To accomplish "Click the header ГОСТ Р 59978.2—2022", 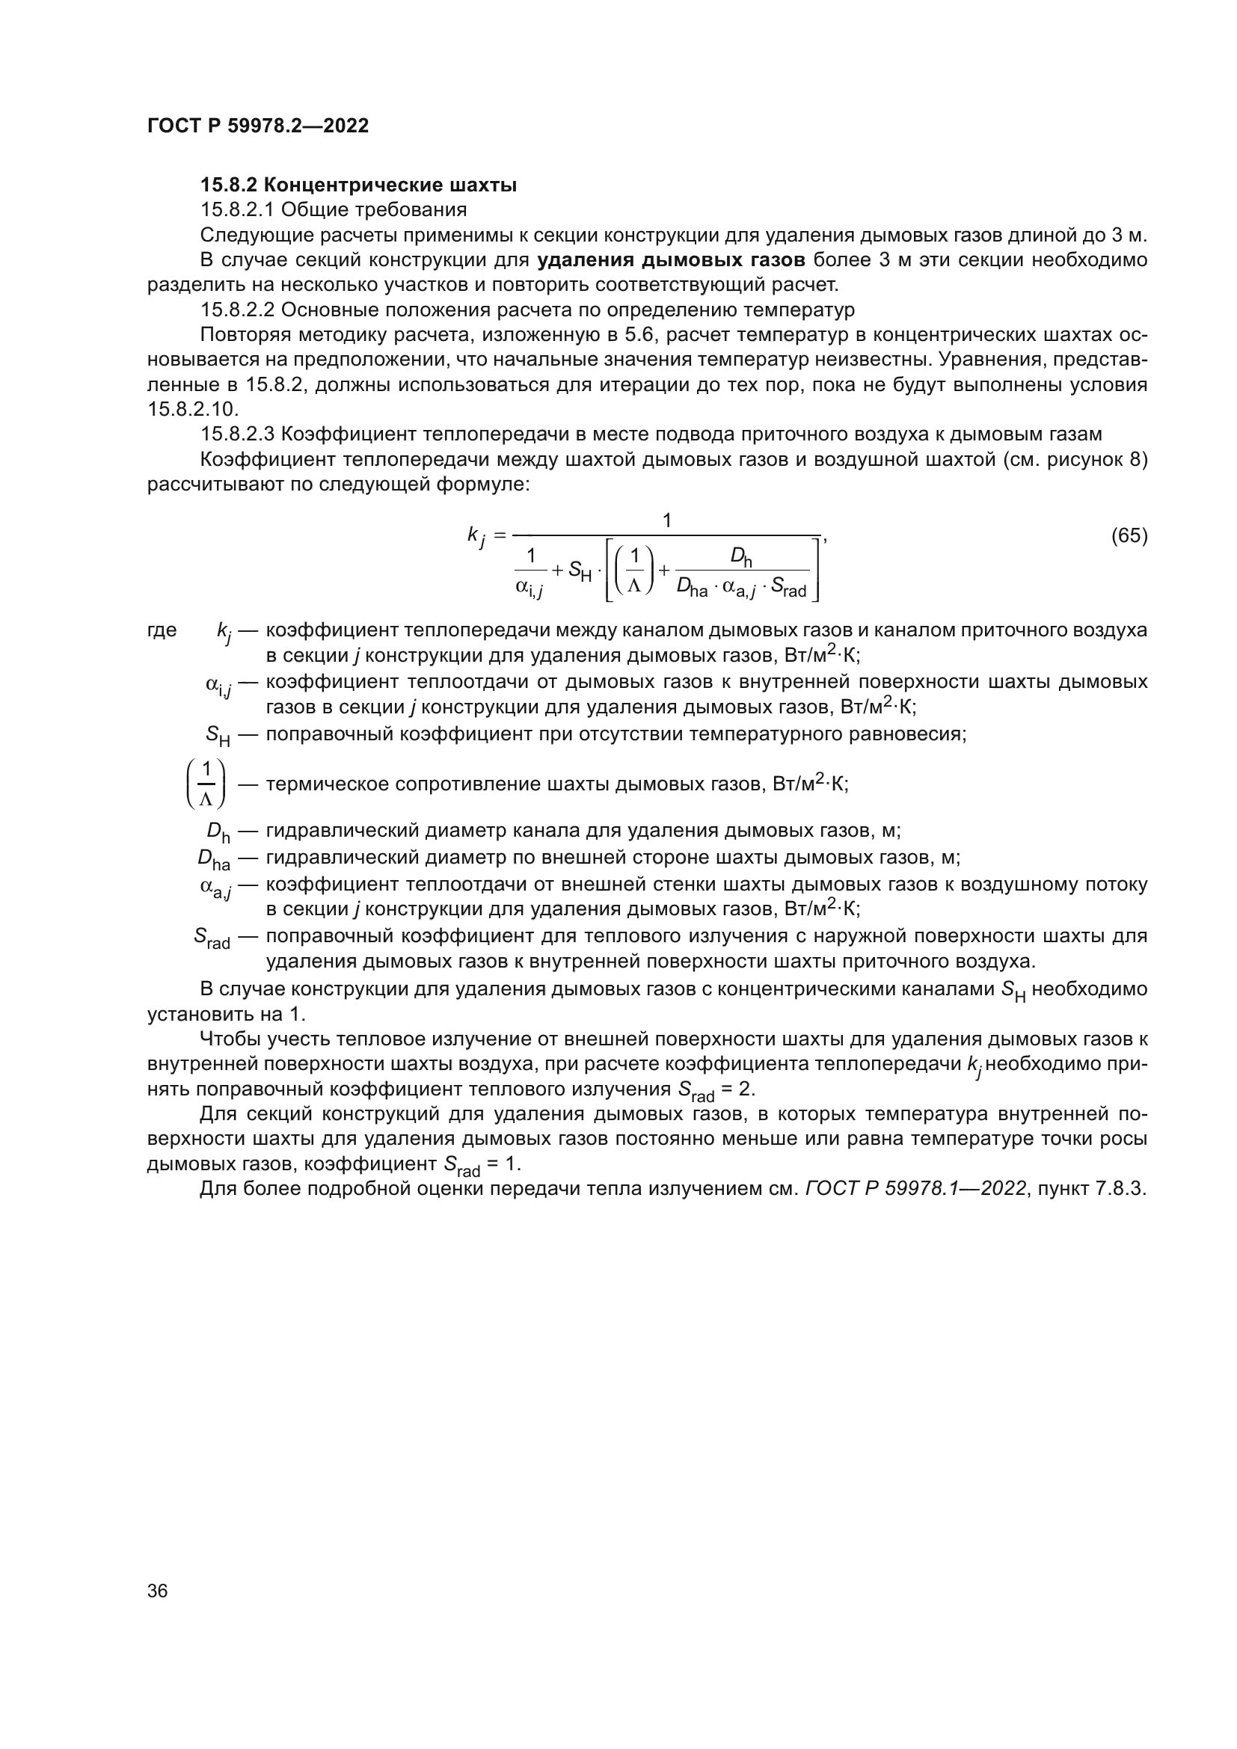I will click(257, 126).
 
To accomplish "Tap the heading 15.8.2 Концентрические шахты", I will click(358, 185).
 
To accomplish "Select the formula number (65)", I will click(1129, 535).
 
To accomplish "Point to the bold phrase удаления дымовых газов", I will click(670, 260).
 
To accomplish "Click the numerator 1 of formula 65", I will click(666, 521).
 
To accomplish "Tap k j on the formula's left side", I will click(476, 537).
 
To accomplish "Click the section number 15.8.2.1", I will click(237, 209).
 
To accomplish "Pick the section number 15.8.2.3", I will click(237, 434).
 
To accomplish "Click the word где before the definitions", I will click(162, 630).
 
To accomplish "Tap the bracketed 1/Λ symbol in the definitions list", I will click(206, 783).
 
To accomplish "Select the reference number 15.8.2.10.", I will click(193, 409).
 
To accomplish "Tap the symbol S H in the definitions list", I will click(218, 735).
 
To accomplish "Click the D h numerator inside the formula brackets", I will click(741, 559).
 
